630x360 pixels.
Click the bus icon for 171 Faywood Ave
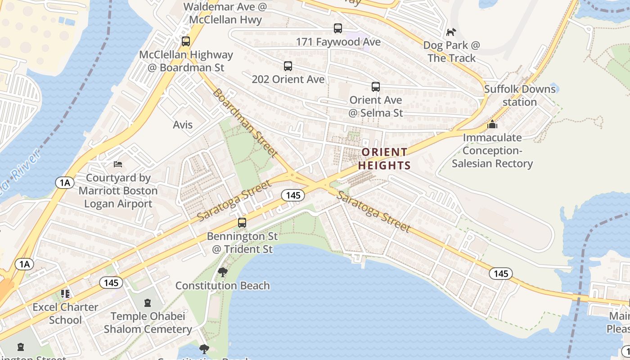338,28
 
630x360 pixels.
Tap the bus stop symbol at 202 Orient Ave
288,66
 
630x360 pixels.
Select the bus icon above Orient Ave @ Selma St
376,87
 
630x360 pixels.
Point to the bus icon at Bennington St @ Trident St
242,223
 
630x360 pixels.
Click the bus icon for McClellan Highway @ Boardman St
186,41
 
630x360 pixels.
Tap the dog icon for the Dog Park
451,32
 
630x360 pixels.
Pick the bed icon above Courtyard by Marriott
118,164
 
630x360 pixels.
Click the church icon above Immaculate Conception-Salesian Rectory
493,124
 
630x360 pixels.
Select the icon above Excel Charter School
66,294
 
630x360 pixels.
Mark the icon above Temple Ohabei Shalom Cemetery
148,303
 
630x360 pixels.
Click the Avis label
183,125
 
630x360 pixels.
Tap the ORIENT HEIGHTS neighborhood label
385,159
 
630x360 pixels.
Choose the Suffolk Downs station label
520,95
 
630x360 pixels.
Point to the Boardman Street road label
244,122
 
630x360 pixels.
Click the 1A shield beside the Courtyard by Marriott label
65,182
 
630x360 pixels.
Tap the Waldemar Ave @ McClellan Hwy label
225,13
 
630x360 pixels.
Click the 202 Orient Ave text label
288,79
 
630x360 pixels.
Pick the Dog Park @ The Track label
451,52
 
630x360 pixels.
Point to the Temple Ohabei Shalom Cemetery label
148,323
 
